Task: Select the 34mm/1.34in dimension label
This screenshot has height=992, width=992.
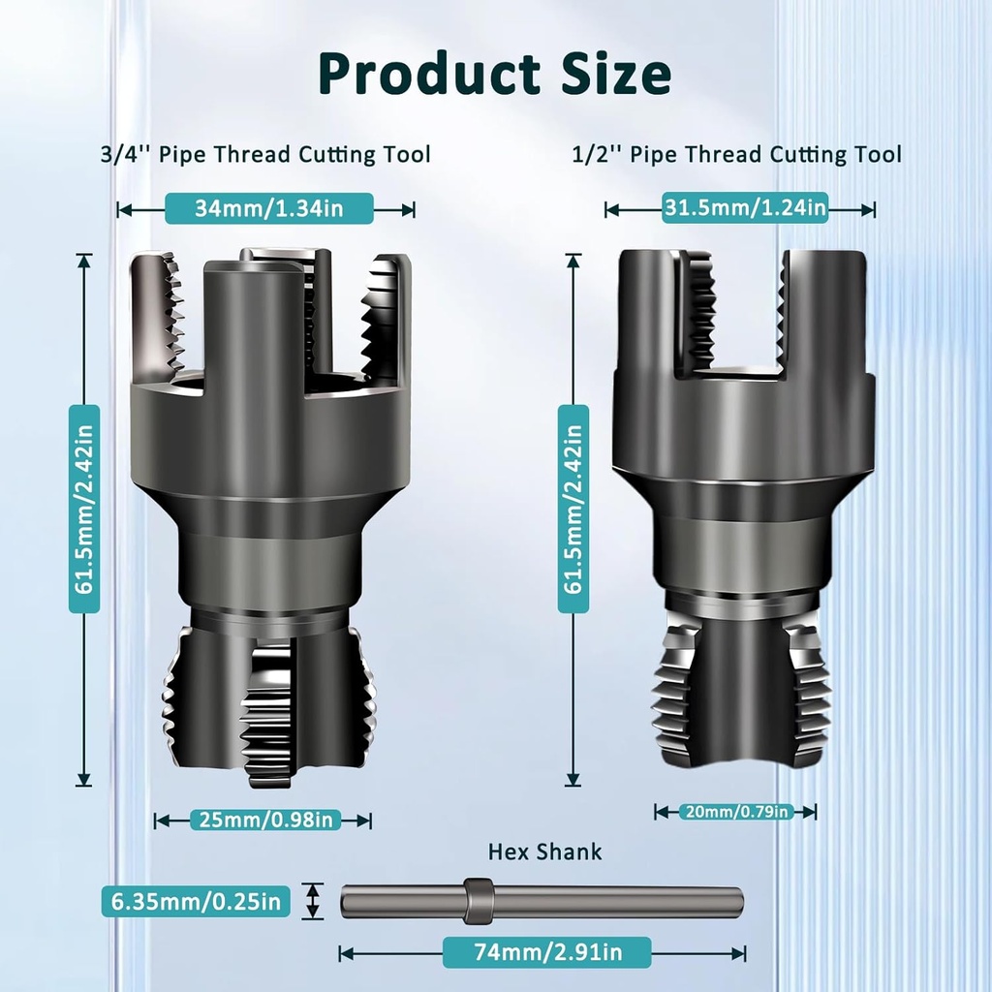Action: (x=255, y=208)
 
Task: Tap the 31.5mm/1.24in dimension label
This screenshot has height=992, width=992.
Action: (x=744, y=206)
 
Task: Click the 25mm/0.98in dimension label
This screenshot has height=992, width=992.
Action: (x=264, y=820)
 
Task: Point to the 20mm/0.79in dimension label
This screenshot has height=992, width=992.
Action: (x=736, y=811)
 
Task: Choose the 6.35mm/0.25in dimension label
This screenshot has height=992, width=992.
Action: (x=196, y=902)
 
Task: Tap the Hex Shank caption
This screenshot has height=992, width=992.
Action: (x=544, y=852)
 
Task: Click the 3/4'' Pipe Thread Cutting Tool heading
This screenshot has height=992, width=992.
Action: (x=265, y=154)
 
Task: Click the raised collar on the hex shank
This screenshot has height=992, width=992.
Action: (x=477, y=900)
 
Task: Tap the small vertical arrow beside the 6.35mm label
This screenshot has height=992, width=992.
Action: (x=312, y=901)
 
